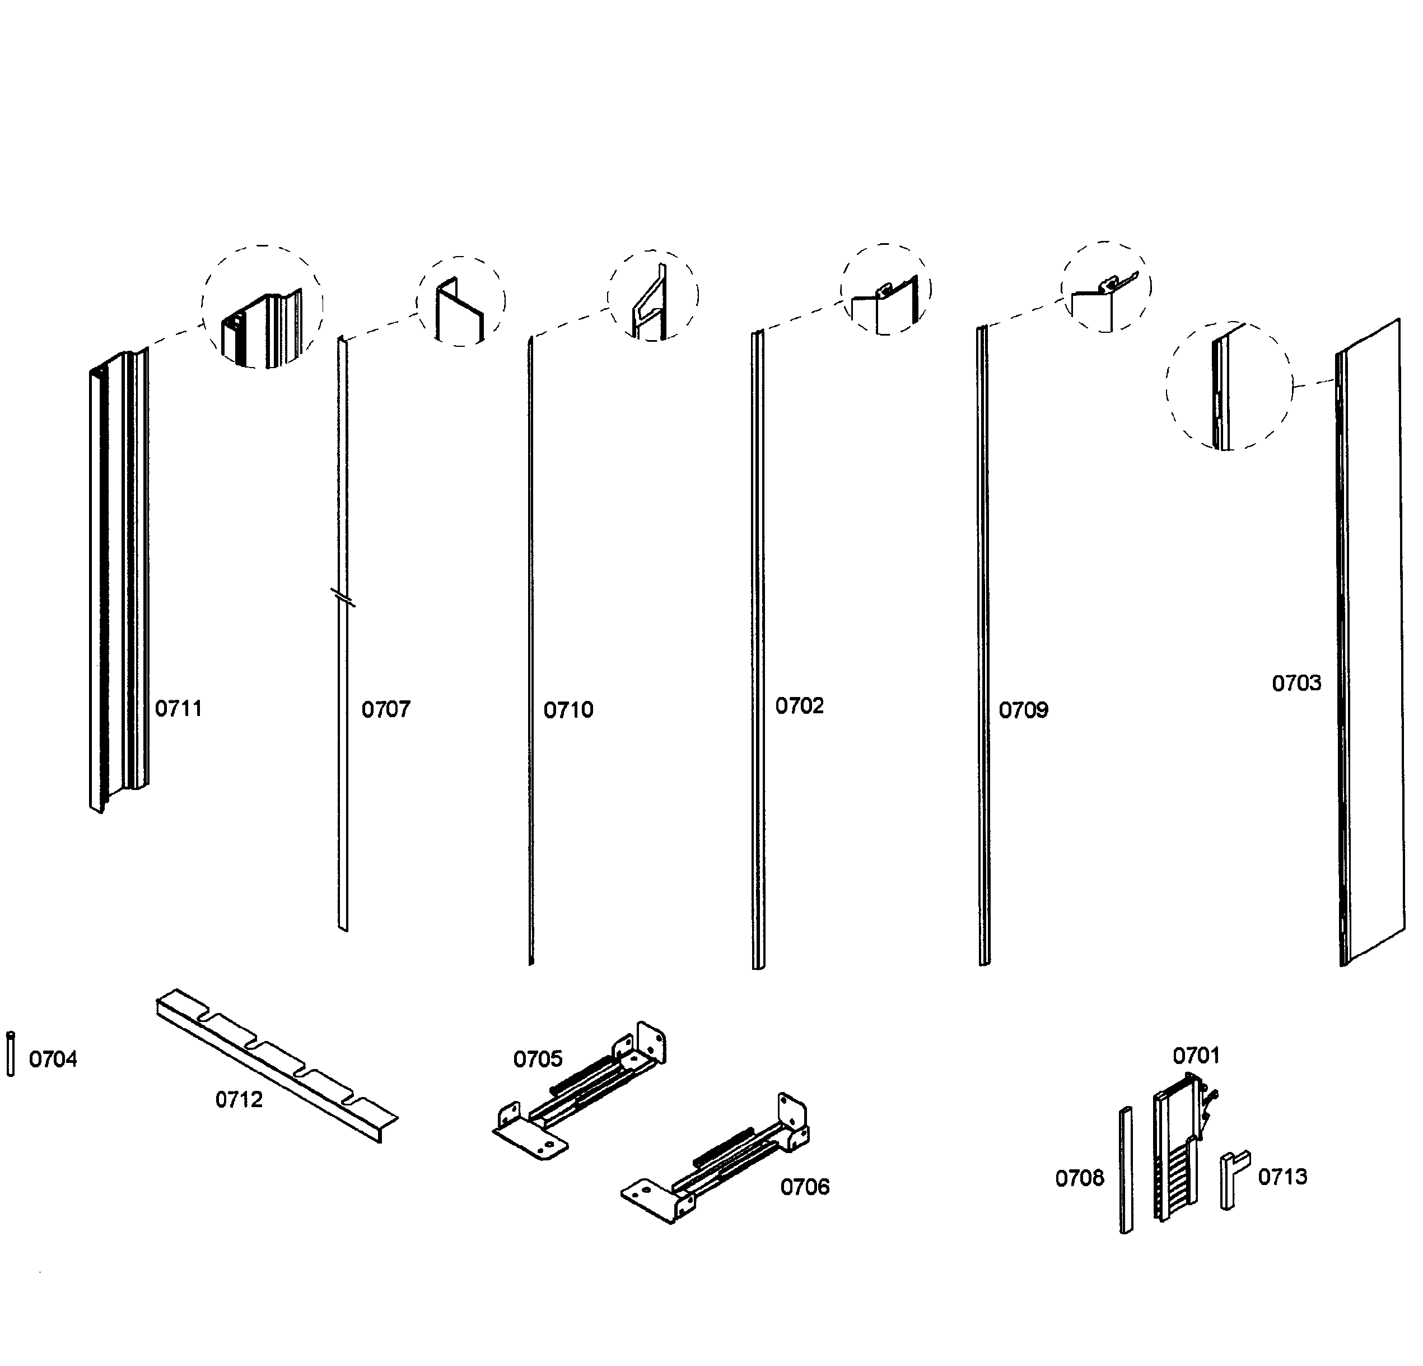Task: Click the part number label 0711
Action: [x=179, y=708]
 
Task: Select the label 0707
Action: [x=385, y=709]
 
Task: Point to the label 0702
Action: [x=799, y=706]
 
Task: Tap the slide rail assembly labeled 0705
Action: [x=581, y=1089]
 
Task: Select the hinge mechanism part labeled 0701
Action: [x=1176, y=1155]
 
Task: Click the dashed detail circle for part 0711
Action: [x=263, y=306]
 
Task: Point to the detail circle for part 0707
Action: [x=461, y=301]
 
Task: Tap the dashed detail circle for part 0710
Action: [x=652, y=296]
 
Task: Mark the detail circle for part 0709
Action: [x=1105, y=287]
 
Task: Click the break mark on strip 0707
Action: [x=343, y=597]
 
